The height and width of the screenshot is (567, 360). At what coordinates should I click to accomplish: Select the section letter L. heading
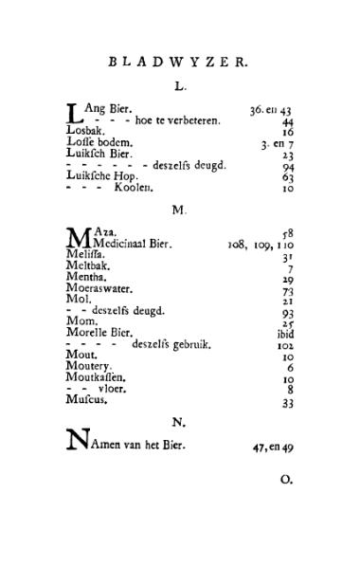click(x=180, y=87)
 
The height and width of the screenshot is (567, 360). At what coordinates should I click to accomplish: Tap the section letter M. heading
click(x=180, y=208)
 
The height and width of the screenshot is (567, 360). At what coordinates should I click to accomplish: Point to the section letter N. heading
click(x=180, y=420)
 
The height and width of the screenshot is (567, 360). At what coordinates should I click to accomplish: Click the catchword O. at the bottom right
click(x=287, y=480)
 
